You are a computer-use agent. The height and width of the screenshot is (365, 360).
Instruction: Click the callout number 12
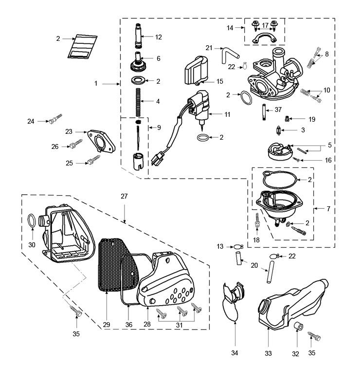pos(159,37)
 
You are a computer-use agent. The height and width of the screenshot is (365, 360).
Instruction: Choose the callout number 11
pos(227,114)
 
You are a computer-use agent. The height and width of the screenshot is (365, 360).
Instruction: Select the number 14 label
pos(230,28)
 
